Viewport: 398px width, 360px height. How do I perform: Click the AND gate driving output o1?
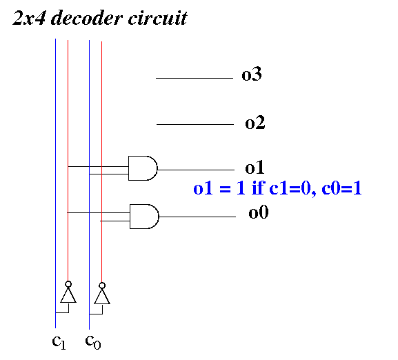coord(143,168)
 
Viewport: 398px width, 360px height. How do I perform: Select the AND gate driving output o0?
coord(144,217)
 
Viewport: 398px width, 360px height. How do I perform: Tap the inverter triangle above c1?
coord(68,295)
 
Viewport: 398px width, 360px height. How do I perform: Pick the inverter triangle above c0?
coord(102,297)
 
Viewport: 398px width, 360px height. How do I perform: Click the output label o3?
coord(252,74)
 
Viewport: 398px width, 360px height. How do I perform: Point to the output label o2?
coord(255,123)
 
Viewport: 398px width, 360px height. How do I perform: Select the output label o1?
coord(255,168)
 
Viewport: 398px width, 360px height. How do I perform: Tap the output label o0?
coord(259,212)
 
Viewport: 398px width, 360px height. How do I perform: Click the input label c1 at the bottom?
coord(59,342)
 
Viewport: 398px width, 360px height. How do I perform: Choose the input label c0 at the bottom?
coord(93,341)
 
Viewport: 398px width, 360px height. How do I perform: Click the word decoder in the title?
coord(86,18)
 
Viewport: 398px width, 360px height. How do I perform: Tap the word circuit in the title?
coord(158,18)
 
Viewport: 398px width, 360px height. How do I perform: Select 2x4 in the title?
coord(29,18)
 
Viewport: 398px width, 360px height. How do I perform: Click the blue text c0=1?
coord(341,188)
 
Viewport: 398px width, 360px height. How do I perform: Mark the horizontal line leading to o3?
coord(195,78)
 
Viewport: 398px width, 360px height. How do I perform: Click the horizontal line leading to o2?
coord(195,124)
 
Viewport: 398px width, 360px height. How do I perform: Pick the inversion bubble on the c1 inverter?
coord(68,284)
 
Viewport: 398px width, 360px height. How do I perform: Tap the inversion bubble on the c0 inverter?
coord(102,286)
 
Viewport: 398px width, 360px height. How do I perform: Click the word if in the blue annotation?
coord(258,188)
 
